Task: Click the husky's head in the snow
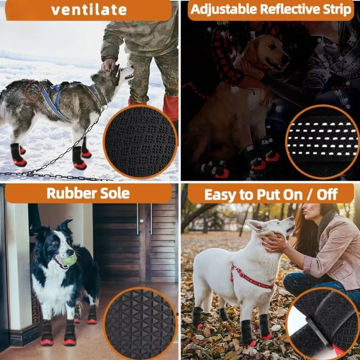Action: coord(120,74)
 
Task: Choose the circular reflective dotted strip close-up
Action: coord(322,142)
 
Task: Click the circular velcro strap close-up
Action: coord(322,322)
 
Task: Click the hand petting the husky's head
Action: coord(108,65)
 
